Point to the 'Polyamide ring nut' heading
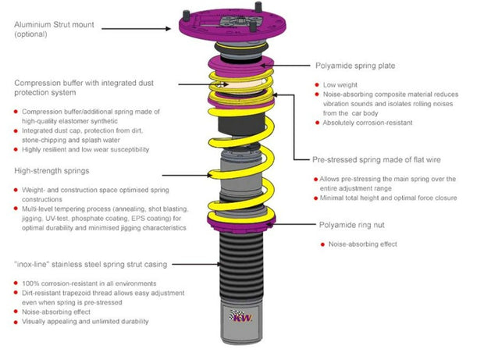tap(352, 224)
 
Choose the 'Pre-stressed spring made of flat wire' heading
tap(376, 159)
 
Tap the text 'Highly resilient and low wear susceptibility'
tap(85, 149)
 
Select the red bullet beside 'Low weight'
tap(317, 84)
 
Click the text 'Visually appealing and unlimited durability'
tap(85, 321)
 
